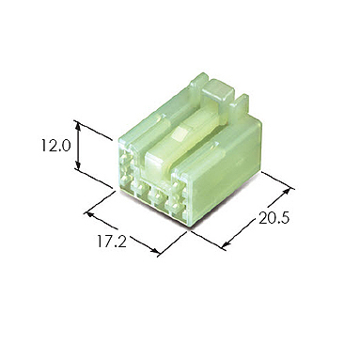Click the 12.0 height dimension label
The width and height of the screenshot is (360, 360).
point(55,146)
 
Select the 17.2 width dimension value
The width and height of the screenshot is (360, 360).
point(112,242)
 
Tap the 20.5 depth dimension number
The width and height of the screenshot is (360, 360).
point(274,218)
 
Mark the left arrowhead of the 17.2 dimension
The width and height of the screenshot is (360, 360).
point(90,214)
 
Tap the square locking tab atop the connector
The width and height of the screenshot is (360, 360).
point(218,90)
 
